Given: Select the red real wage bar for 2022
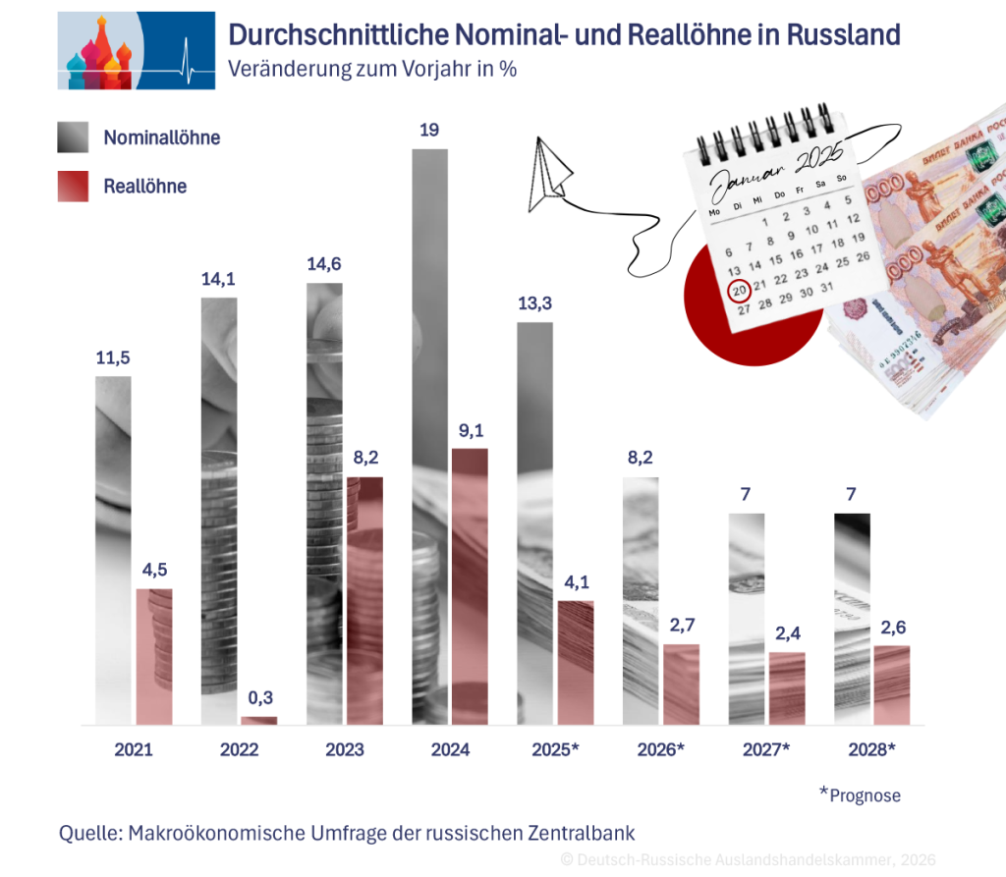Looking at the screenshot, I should click(x=259, y=720).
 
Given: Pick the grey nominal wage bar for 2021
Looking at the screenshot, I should click(x=113, y=550).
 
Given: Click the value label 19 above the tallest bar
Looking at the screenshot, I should click(x=429, y=129).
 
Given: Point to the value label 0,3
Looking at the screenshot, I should click(x=259, y=697).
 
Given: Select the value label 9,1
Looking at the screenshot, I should click(x=470, y=429).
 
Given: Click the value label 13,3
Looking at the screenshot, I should click(x=535, y=303).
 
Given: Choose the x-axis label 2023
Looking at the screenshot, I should click(x=344, y=750).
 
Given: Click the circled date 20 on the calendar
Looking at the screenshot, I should click(x=739, y=290).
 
